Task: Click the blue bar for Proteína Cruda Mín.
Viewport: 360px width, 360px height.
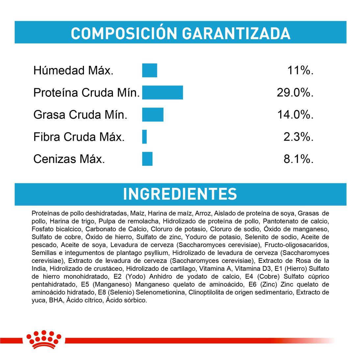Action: [x=162, y=92]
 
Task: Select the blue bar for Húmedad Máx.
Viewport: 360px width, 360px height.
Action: [x=149, y=70]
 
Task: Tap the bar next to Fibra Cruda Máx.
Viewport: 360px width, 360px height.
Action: [x=144, y=137]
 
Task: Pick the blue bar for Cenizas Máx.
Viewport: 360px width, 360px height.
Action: [x=147, y=159]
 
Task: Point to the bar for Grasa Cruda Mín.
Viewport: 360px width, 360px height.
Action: [x=153, y=115]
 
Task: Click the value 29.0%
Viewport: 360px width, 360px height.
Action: [x=295, y=92]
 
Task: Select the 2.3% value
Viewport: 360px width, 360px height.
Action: [x=298, y=137]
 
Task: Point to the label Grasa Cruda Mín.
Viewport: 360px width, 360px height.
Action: [x=80, y=115]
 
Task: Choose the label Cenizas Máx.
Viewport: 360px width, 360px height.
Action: [x=69, y=159]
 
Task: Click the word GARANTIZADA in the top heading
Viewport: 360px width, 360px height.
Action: [x=236, y=34]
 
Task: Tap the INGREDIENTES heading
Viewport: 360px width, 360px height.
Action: [x=180, y=194]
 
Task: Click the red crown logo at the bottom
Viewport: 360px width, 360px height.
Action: [x=44, y=339]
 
